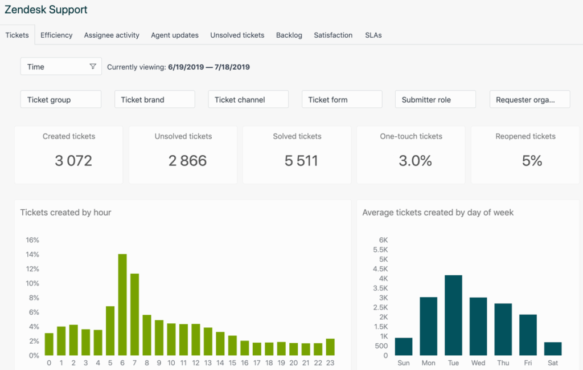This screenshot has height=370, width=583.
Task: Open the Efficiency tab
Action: click(56, 35)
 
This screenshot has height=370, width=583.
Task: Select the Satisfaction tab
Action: click(333, 35)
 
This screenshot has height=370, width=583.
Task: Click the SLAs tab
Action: click(373, 35)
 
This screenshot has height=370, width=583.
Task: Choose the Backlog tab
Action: click(289, 35)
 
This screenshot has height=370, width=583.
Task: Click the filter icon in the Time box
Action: click(93, 67)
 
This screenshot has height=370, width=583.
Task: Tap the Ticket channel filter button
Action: click(248, 99)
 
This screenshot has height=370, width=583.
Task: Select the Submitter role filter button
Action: click(435, 99)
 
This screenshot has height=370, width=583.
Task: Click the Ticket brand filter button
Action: click(154, 99)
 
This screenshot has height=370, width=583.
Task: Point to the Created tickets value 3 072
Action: click(73, 161)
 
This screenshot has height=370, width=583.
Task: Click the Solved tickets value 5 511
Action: click(301, 161)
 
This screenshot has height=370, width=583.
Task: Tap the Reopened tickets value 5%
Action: click(532, 161)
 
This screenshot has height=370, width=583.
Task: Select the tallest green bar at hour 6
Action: click(122, 304)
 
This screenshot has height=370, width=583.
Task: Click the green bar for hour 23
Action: click(330, 347)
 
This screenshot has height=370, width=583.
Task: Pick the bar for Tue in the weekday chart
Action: click(453, 315)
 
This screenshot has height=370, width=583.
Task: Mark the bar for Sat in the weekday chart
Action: click(552, 348)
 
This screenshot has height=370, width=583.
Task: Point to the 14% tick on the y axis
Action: click(32, 254)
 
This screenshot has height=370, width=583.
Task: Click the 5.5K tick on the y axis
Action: click(380, 250)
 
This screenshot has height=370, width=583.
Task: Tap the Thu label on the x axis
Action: click(503, 363)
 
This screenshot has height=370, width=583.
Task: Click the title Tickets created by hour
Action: click(65, 213)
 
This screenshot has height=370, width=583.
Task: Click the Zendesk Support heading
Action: click(46, 10)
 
